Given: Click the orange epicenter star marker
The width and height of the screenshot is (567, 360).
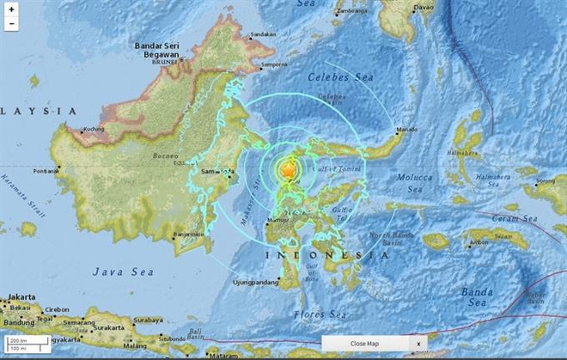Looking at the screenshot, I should pos(287,171).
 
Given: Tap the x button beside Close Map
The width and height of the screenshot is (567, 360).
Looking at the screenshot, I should pos(418,344).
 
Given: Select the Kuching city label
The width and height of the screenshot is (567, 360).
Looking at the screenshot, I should pos(92,130).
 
